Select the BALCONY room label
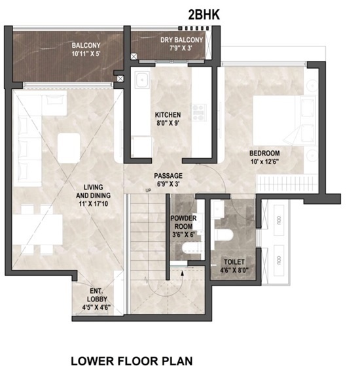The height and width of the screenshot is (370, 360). coord(85,45)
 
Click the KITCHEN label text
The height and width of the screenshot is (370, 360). coord(168,112)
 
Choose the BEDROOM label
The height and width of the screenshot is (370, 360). coord(264,154)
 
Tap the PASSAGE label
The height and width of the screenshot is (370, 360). coord(168,176)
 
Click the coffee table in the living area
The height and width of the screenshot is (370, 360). coord(70,146)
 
